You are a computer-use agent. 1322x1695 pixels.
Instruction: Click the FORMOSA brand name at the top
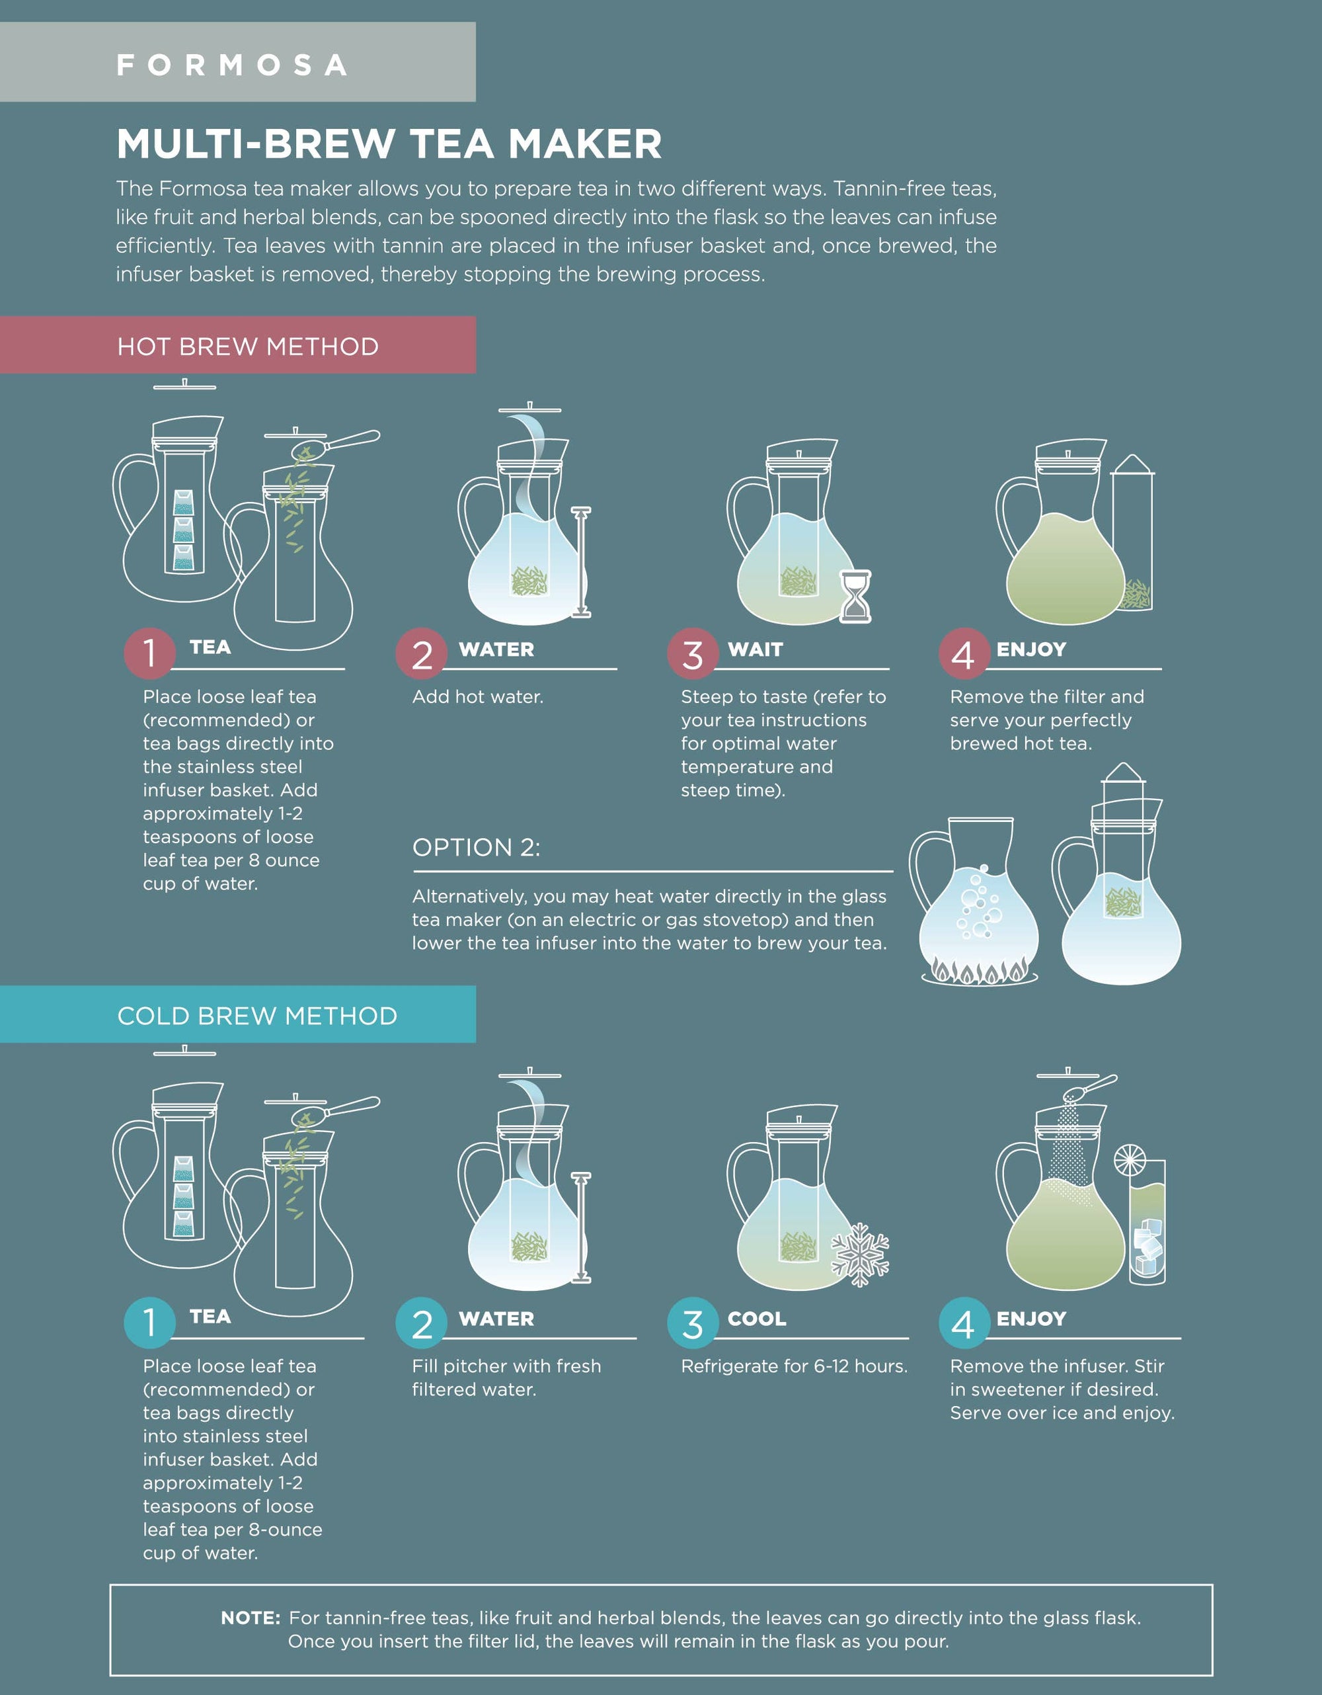pyautogui.click(x=231, y=65)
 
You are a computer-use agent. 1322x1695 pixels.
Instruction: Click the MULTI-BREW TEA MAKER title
pyautogui.click(x=389, y=144)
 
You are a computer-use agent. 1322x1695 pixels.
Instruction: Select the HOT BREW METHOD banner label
pyautogui.click(x=247, y=346)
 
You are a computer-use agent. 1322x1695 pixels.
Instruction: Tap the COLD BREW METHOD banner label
pyautogui.click(x=256, y=1016)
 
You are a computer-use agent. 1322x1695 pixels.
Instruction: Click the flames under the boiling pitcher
pyautogui.click(x=979, y=971)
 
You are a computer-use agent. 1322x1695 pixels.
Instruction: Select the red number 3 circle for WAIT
pyautogui.click(x=693, y=654)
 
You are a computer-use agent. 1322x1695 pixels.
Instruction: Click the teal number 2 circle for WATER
pyautogui.click(x=421, y=1323)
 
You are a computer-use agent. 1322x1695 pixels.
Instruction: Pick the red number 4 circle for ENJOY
pyautogui.click(x=964, y=654)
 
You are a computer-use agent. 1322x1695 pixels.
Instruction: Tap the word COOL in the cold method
pyautogui.click(x=756, y=1319)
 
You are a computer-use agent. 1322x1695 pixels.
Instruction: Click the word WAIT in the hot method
pyautogui.click(x=755, y=649)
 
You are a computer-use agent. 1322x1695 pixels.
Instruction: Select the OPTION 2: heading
pyautogui.click(x=475, y=848)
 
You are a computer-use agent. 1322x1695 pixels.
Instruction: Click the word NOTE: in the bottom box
pyautogui.click(x=251, y=1618)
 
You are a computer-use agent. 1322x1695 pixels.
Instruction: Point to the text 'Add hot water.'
pyautogui.click(x=477, y=697)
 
